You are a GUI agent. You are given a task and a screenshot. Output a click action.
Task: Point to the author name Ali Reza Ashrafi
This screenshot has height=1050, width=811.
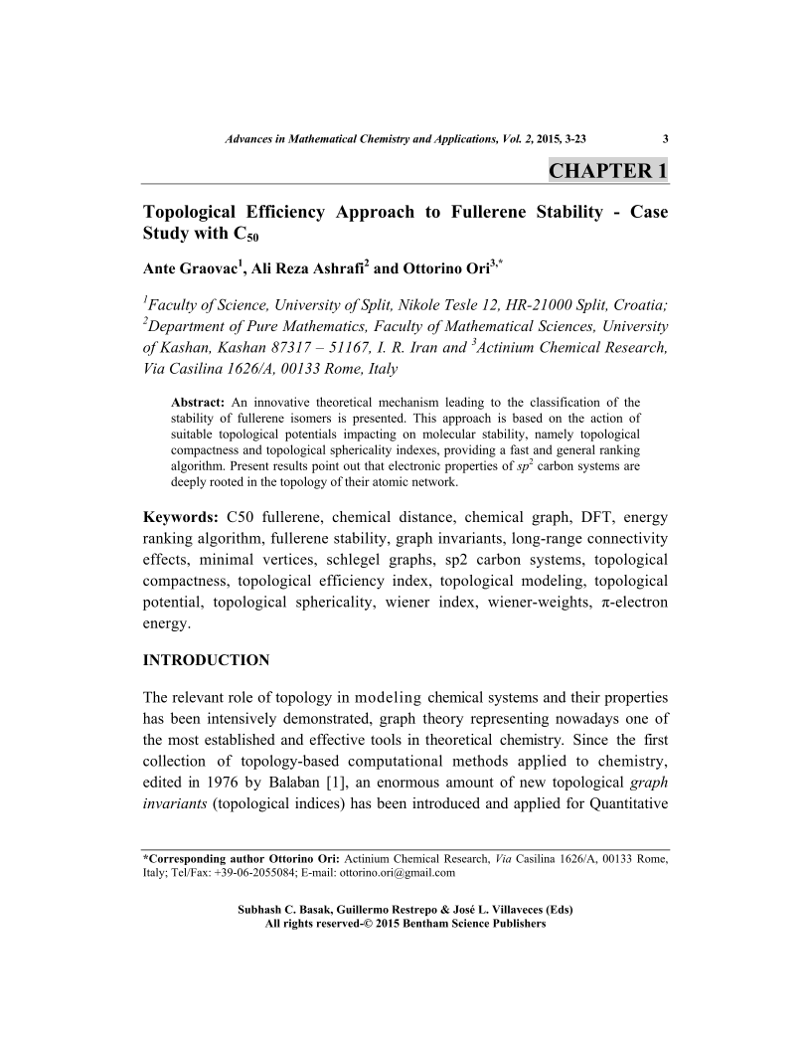(x=304, y=268)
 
